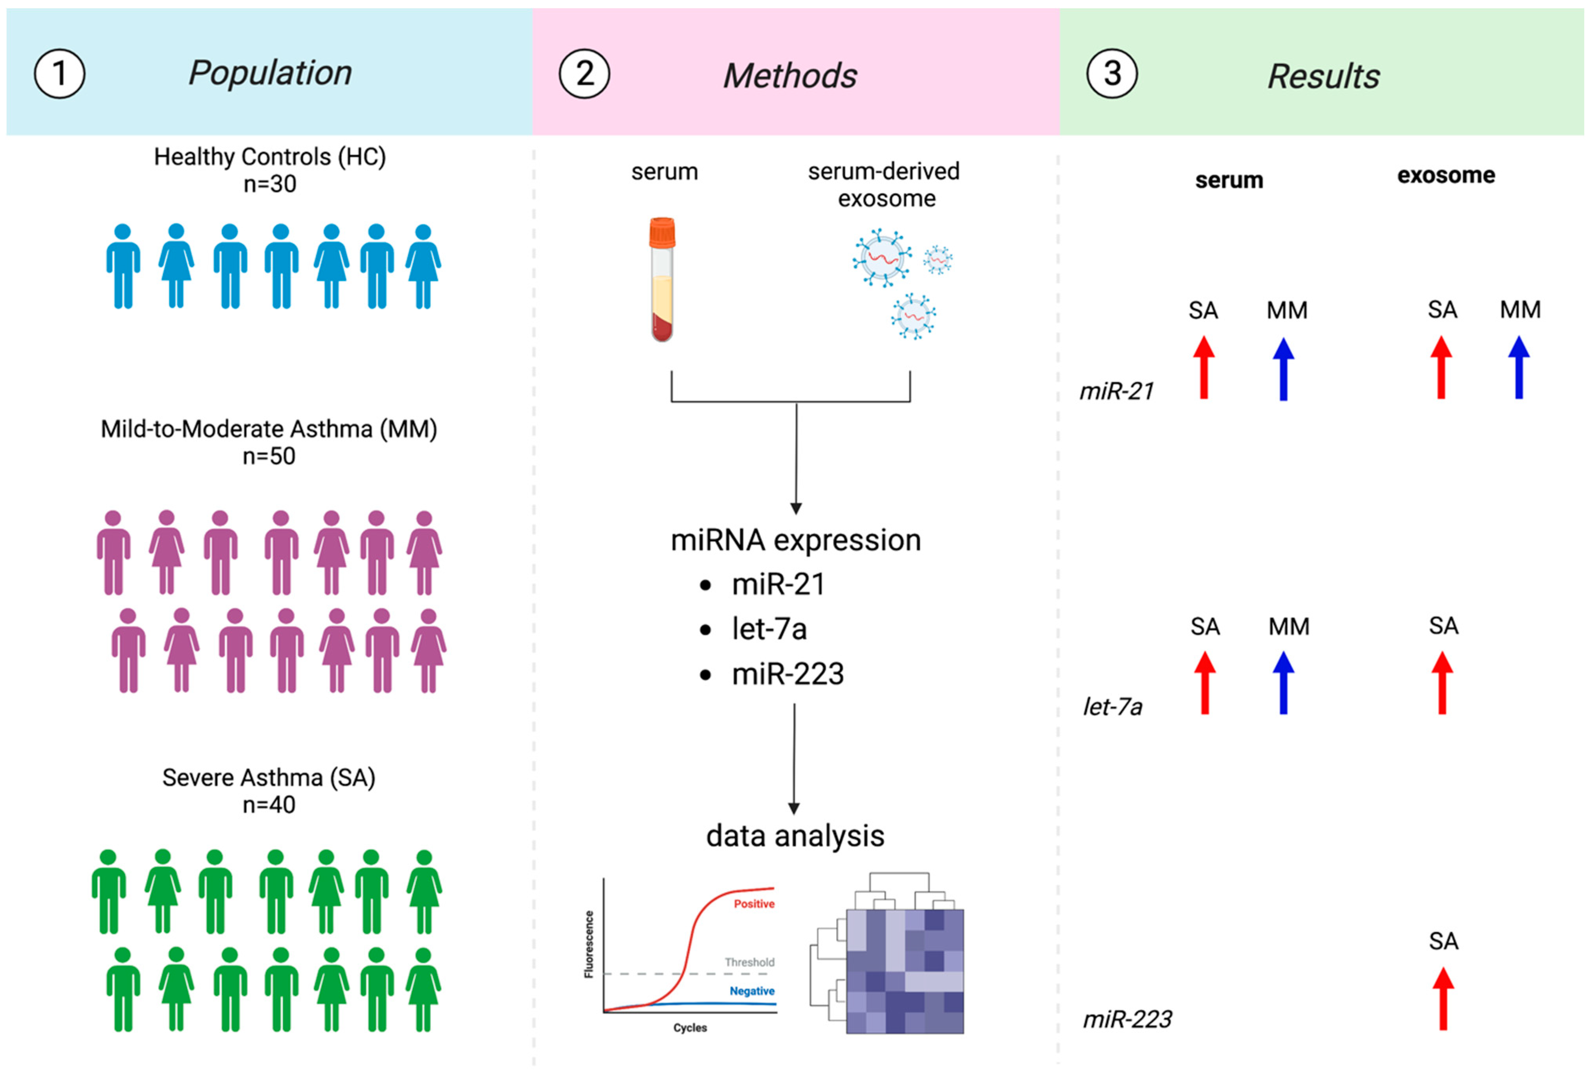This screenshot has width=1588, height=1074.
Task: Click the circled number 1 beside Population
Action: pyautogui.click(x=59, y=74)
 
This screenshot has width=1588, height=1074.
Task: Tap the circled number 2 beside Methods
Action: pyautogui.click(x=584, y=74)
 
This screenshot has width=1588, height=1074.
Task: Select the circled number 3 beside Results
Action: pyautogui.click(x=1112, y=74)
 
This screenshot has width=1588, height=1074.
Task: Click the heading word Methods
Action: pyautogui.click(x=790, y=75)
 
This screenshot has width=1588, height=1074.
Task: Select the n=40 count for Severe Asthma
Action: pyautogui.click(x=269, y=805)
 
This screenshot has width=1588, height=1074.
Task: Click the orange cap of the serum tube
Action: pyautogui.click(x=662, y=232)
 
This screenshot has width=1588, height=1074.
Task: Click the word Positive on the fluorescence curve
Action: pyautogui.click(x=754, y=904)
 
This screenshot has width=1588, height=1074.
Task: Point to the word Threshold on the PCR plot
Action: pyautogui.click(x=749, y=962)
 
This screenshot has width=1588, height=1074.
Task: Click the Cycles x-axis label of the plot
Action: pyautogui.click(x=690, y=1028)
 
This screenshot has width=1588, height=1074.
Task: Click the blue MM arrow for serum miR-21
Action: pyautogui.click(x=1283, y=369)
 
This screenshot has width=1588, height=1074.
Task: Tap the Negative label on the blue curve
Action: pyautogui.click(x=752, y=991)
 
